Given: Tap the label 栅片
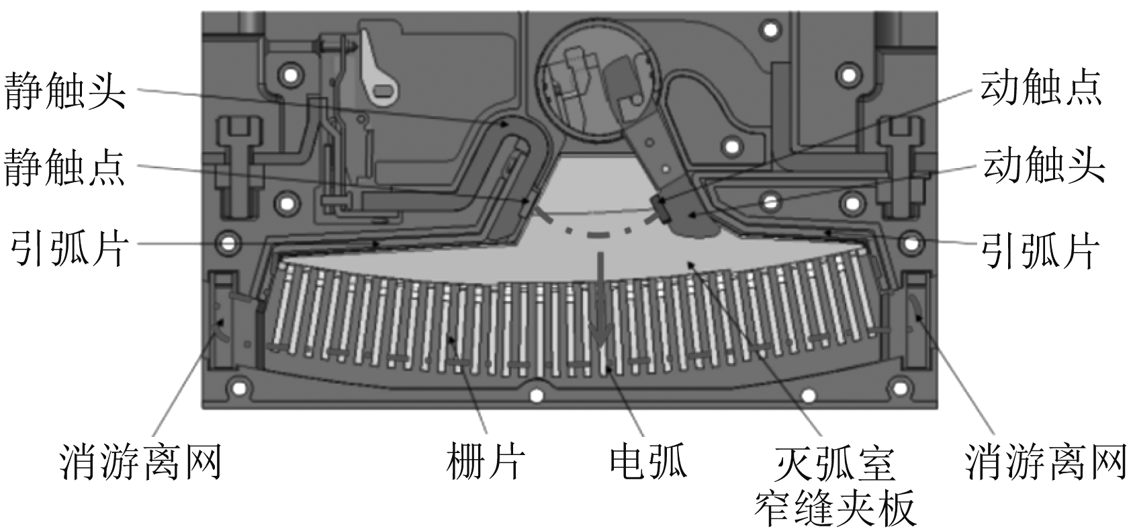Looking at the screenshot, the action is [x=486, y=461].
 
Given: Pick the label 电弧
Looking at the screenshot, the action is [x=649, y=461].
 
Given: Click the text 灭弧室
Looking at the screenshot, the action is [x=835, y=463].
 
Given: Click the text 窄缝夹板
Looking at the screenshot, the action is [x=835, y=507].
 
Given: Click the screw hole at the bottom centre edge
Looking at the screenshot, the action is [x=537, y=395].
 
